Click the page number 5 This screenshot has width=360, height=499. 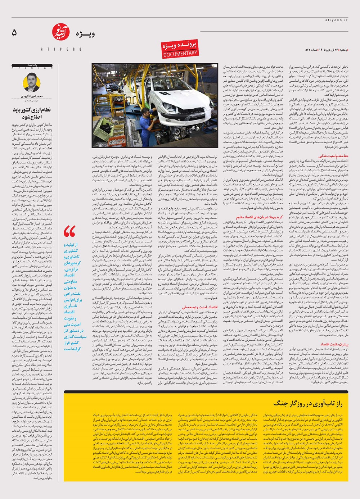[14, 33]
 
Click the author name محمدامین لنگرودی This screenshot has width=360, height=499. [32, 96]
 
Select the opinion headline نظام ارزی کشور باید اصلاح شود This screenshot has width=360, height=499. [32, 113]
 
